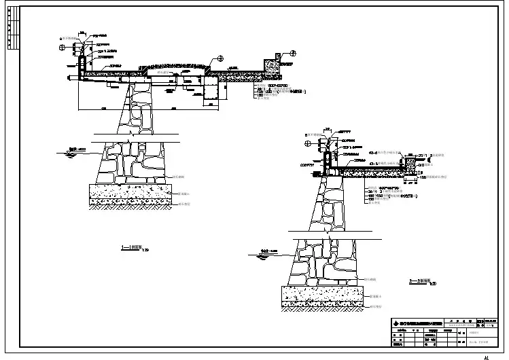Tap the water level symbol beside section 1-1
65,151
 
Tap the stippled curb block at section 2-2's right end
412,164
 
